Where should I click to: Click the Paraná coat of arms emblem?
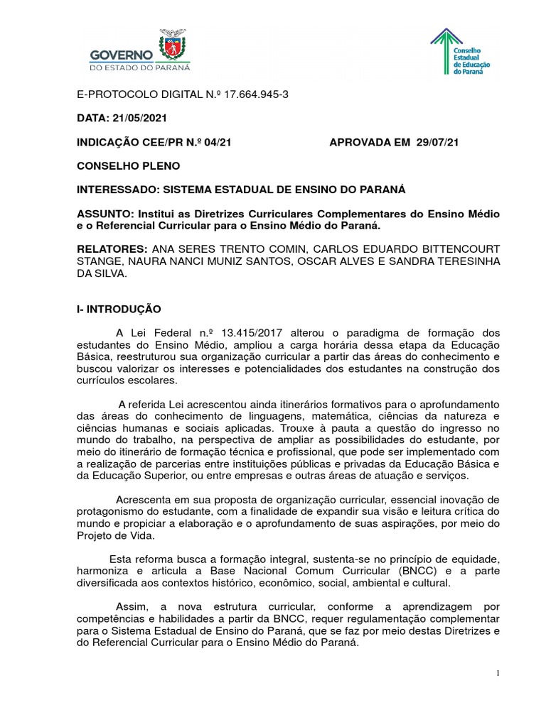tap(171, 45)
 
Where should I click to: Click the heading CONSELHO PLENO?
tap(129, 166)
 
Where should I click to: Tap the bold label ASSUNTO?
tap(105, 214)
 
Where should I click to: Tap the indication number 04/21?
tap(218, 142)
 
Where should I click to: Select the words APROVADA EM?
tap(365, 142)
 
